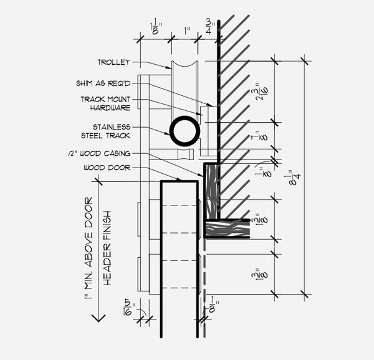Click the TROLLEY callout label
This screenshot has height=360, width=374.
click(x=114, y=62)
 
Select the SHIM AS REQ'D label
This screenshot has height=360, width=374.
click(x=103, y=83)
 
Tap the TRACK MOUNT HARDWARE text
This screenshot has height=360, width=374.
click(x=106, y=103)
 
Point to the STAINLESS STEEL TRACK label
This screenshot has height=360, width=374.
click(x=106, y=131)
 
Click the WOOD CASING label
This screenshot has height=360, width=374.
click(x=99, y=153)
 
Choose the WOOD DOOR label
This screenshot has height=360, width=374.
click(x=107, y=168)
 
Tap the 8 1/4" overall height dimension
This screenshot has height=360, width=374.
click(x=295, y=178)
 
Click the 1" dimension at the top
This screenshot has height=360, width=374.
click(x=187, y=31)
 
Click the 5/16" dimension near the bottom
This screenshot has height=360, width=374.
click(x=130, y=308)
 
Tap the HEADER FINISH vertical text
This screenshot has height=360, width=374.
click(x=108, y=248)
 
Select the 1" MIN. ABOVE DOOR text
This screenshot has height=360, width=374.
click(x=89, y=248)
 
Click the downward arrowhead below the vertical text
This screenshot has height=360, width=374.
click(x=98, y=318)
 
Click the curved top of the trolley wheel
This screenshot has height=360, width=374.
click(x=185, y=65)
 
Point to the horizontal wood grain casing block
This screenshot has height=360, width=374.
click(x=228, y=228)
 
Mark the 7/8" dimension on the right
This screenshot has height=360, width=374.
click(x=261, y=137)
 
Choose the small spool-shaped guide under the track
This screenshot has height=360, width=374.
click(x=186, y=154)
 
